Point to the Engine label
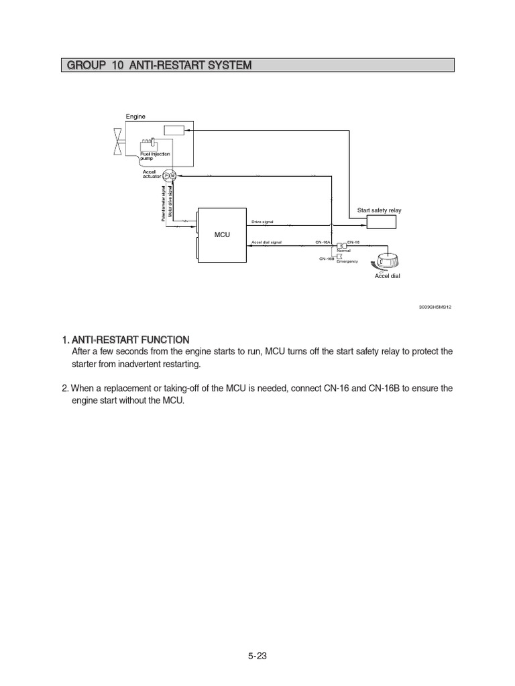(x=135, y=117)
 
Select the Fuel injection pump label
(x=155, y=157)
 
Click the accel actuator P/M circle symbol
(x=170, y=176)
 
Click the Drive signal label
(x=262, y=221)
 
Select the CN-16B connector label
(x=327, y=258)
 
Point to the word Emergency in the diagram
(x=347, y=261)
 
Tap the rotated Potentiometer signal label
(x=162, y=204)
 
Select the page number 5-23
(x=257, y=657)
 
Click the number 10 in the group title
(x=119, y=65)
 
